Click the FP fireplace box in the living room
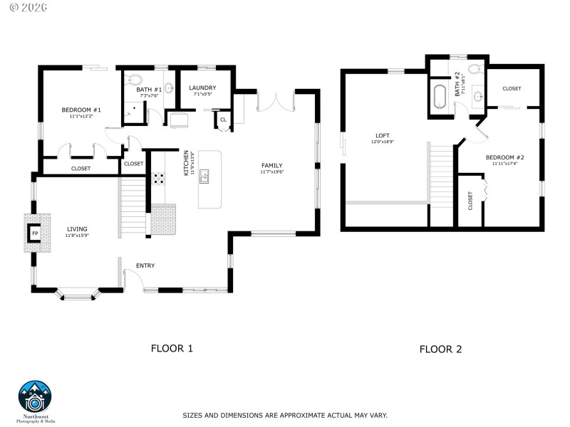tap(34, 233)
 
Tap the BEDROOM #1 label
tap(81, 110)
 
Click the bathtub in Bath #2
tap(439, 96)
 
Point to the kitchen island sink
tap(204, 176)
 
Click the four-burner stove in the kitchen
tap(157, 178)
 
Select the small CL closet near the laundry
tap(223, 120)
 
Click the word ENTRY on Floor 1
tap(145, 265)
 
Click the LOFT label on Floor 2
tap(383, 135)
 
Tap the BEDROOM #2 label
tap(504, 157)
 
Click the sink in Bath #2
tap(477, 96)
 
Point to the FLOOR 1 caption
tap(172, 349)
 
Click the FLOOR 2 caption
tap(440, 349)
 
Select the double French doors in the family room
tap(274, 101)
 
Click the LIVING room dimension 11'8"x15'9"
tap(77, 235)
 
